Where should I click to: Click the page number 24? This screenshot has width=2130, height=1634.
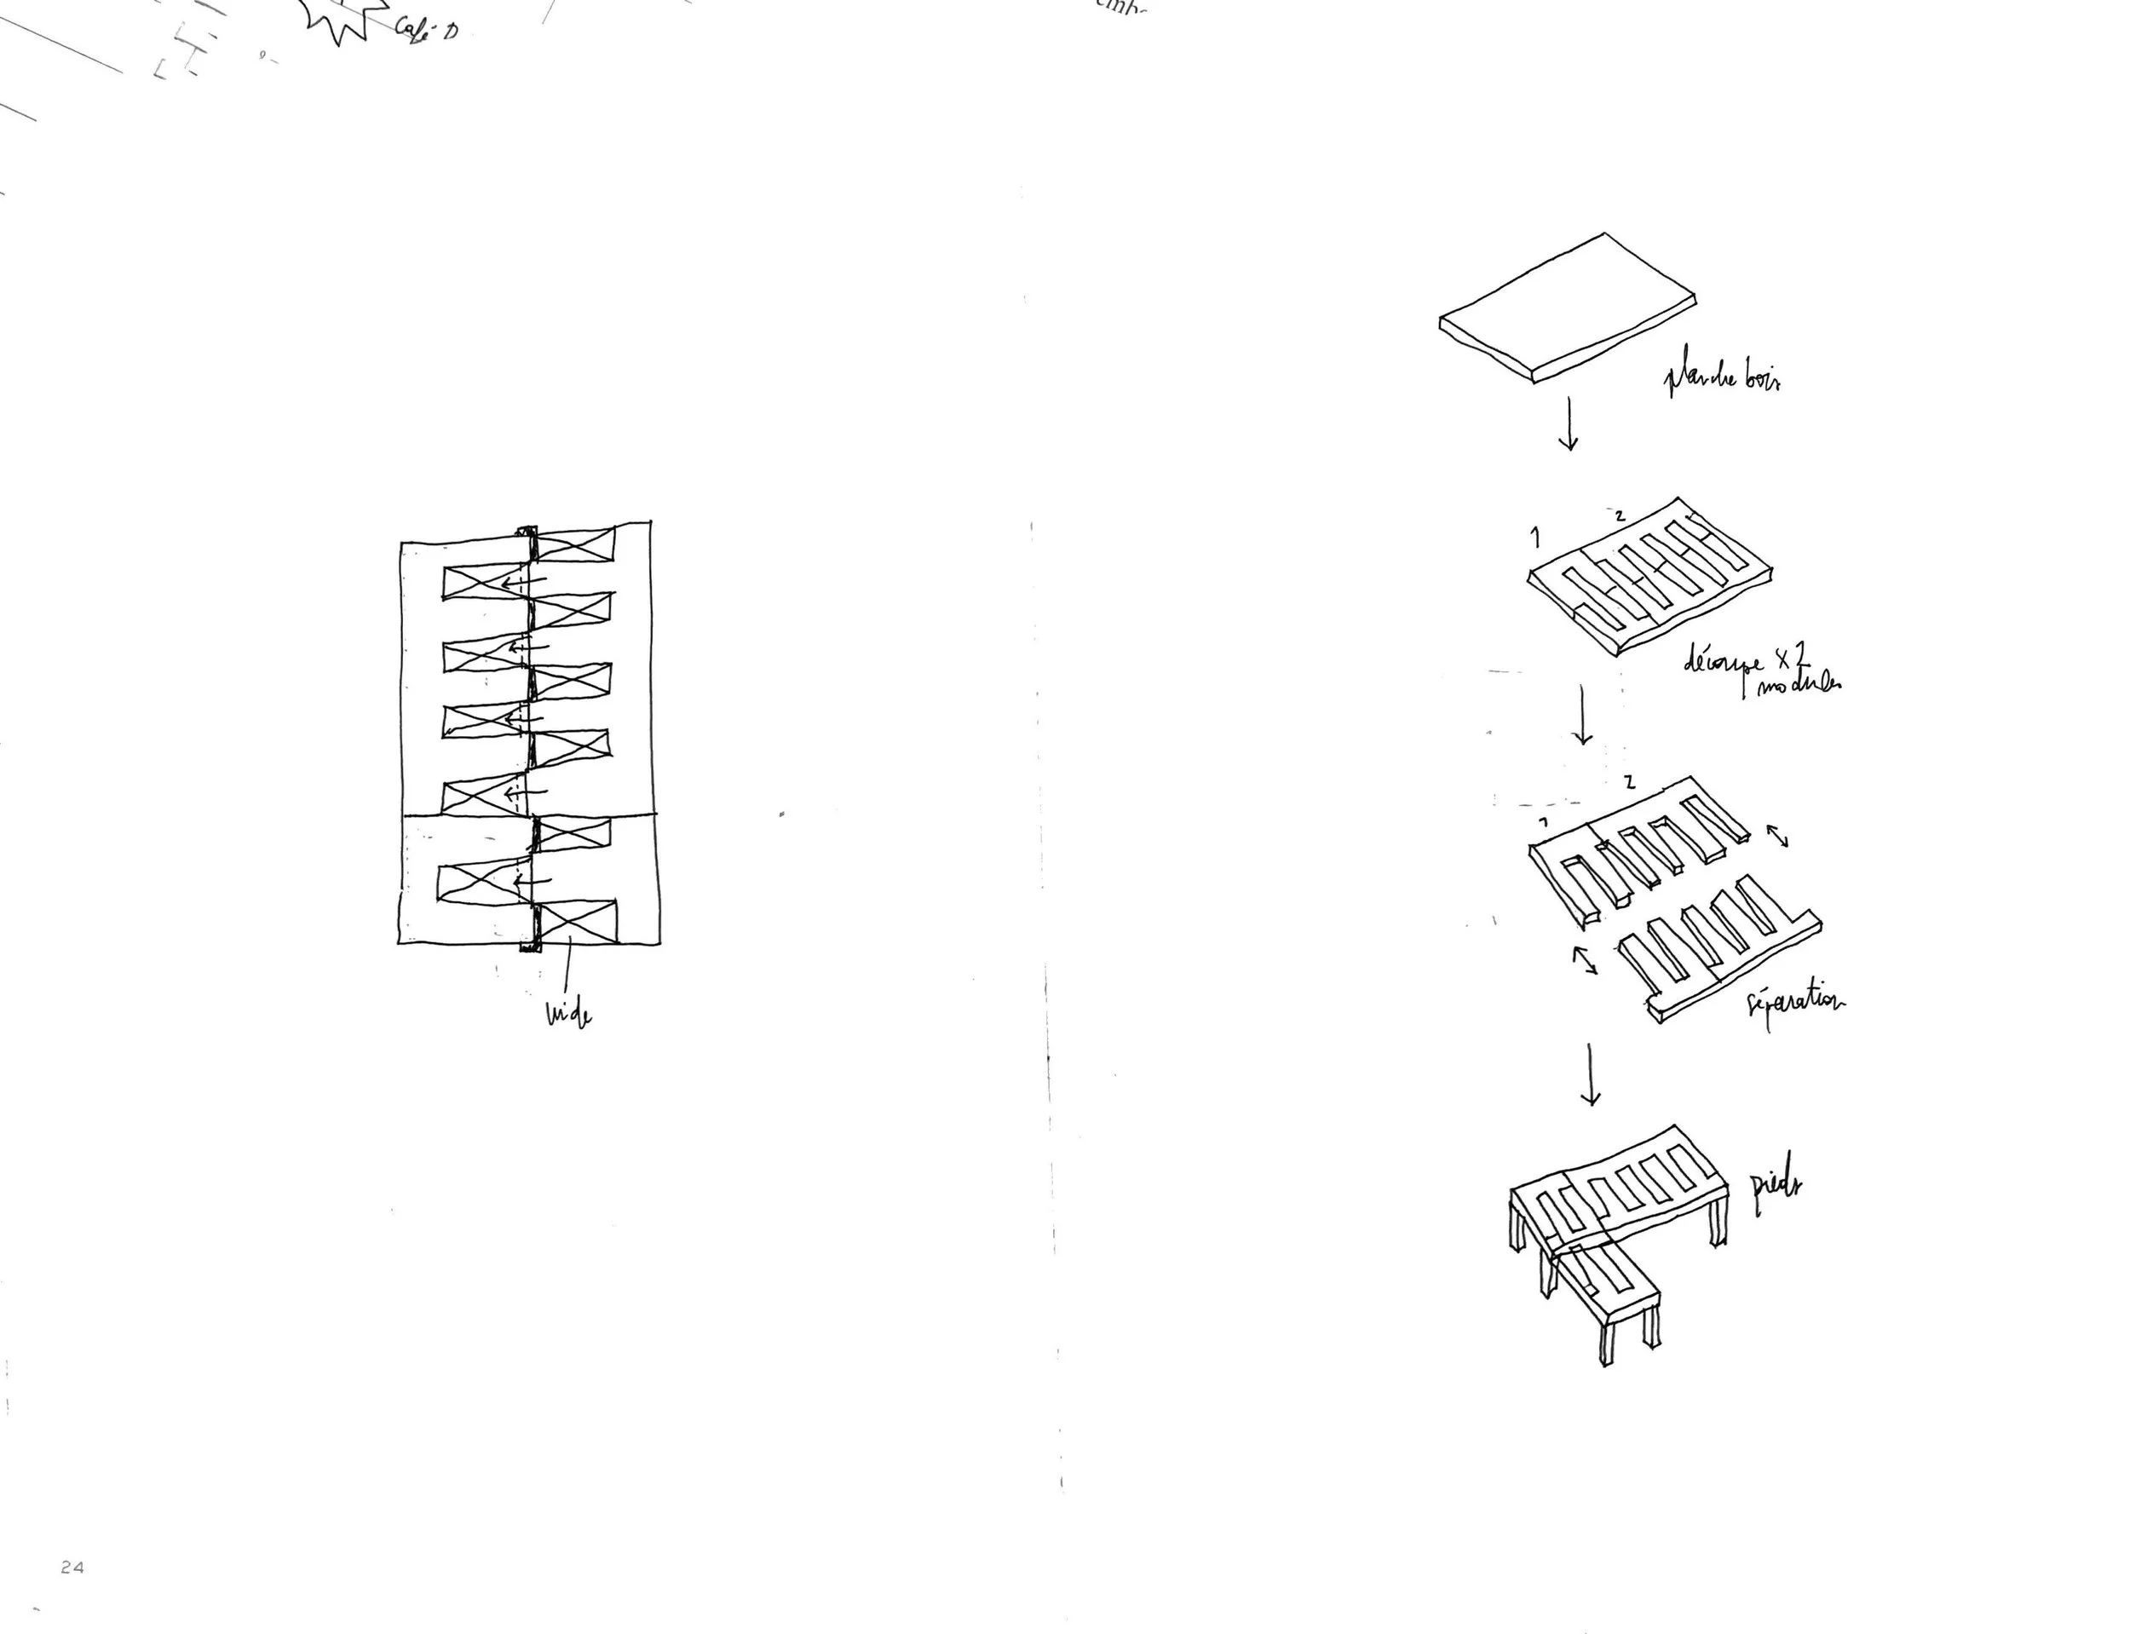tap(72, 1567)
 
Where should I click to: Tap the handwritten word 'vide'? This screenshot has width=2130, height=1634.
tap(569, 1015)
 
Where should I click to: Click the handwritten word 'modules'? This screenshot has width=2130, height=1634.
tap(1799, 685)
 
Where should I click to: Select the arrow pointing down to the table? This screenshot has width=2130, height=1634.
tap(1590, 1075)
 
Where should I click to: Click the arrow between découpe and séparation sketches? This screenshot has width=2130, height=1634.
tap(1582, 716)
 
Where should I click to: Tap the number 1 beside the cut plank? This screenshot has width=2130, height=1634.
tap(1534, 537)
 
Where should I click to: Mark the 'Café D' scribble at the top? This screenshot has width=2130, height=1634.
tap(426, 28)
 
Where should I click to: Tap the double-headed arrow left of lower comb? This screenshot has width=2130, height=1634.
tap(1586, 960)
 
